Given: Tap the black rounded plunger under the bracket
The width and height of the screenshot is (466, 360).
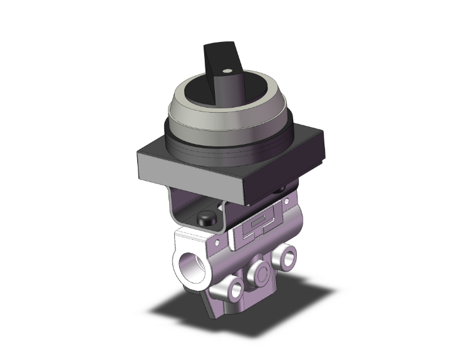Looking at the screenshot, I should (x=205, y=219).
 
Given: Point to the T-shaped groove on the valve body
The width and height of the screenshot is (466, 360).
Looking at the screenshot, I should (x=247, y=235).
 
